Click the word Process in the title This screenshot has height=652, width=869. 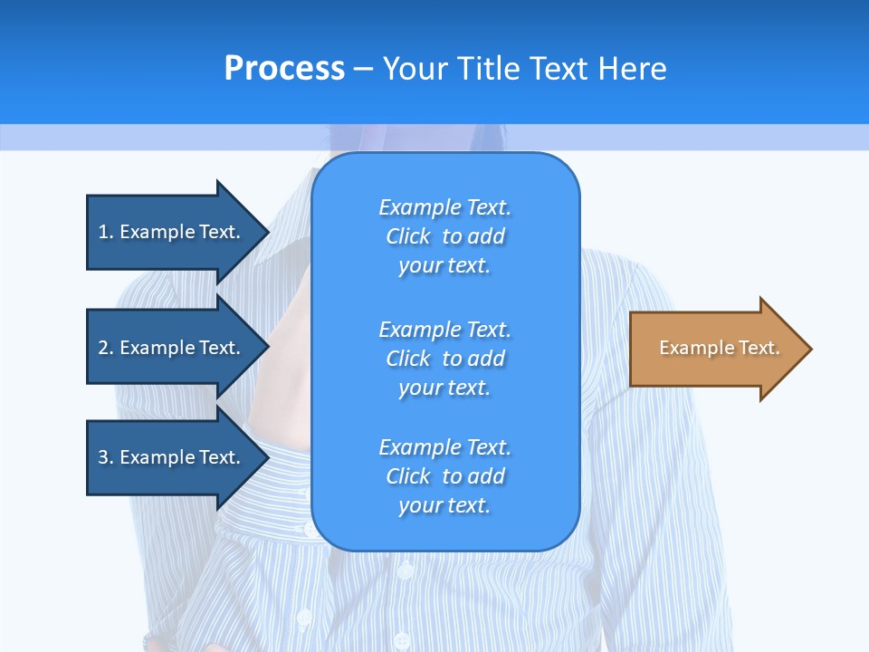284,69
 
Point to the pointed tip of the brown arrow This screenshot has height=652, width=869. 810,349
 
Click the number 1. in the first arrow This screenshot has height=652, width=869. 106,232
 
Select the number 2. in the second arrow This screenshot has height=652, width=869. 106,348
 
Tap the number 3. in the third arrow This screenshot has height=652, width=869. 106,457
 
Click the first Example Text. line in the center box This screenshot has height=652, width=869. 444,207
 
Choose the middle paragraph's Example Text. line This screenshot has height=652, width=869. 444,330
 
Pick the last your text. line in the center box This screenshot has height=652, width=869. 444,505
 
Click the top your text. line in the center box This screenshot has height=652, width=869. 444,265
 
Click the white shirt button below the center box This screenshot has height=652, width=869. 404,571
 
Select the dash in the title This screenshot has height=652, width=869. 364,69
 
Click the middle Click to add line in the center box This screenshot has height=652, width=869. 444,359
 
